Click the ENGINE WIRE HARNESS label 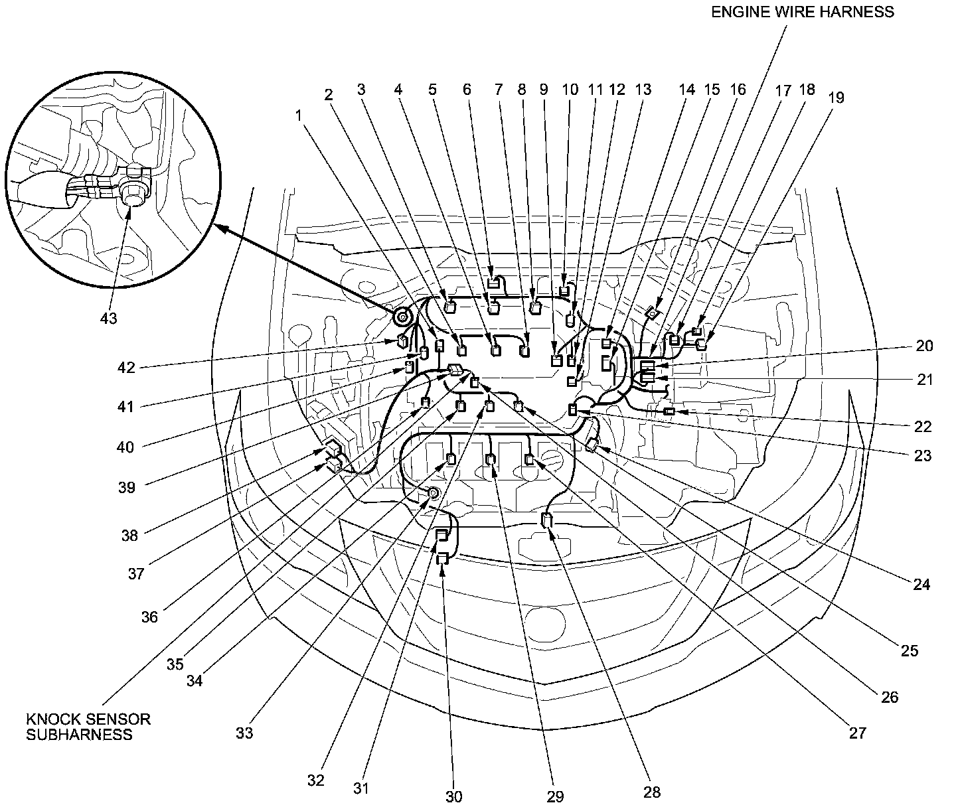pos(803,12)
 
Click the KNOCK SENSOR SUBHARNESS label pos(88,727)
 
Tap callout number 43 pos(108,319)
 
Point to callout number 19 pos(836,98)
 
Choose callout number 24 pos(921,584)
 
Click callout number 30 pos(453,796)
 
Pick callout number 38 pos(130,535)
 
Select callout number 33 pos(244,733)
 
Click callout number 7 pos(499,90)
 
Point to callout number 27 pos(858,733)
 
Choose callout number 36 pos(149,617)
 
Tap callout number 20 pos(924,346)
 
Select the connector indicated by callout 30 pos(442,559)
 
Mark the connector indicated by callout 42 pos(402,342)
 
